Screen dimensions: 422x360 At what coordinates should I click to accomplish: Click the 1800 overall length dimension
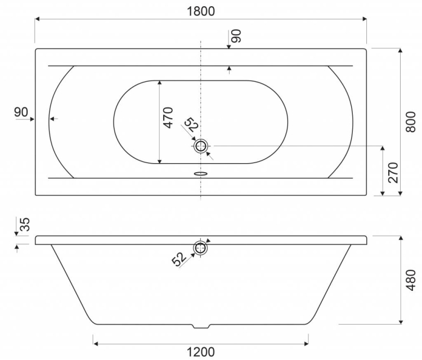coord(200,11)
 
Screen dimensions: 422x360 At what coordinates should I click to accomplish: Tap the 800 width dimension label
coord(410,122)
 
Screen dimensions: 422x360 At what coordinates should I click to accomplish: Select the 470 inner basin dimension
coord(168,118)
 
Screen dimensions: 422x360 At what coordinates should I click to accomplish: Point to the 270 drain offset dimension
coord(393,173)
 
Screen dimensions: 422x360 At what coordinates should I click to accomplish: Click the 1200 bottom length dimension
coord(200,352)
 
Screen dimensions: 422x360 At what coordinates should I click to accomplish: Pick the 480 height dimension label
coord(410,280)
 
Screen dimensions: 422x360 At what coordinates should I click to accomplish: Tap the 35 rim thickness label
coord(25,224)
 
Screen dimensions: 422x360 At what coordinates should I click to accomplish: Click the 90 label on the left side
coord(21,112)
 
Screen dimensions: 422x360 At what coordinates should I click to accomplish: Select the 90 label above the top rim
coord(236,36)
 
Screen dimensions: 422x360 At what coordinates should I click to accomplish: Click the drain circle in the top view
coord(200,146)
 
